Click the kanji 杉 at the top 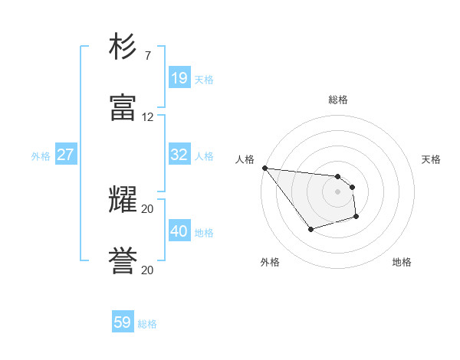(x=123, y=48)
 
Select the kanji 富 (x=123, y=108)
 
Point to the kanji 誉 (x=123, y=260)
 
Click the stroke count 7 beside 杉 (x=147, y=56)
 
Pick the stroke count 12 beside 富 (x=148, y=117)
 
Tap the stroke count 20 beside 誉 (x=148, y=270)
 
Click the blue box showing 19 (x=179, y=78)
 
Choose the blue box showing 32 (x=179, y=155)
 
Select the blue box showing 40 (x=179, y=231)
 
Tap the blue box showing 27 (x=65, y=155)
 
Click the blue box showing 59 (x=123, y=322)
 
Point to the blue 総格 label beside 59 (x=147, y=324)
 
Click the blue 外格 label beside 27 (x=41, y=156)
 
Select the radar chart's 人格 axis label (x=245, y=159)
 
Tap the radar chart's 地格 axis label (x=402, y=262)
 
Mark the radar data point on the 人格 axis (x=264, y=168)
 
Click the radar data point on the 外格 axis (x=310, y=229)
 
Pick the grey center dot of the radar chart (x=337, y=191)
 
